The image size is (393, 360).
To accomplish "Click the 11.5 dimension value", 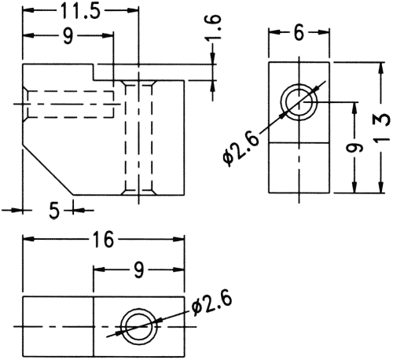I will coord(80,11).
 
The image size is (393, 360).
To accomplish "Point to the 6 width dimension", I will coord(299,33).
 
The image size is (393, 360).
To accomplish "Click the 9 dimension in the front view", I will coord(68,35).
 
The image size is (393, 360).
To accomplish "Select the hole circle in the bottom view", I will coord(139,328).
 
